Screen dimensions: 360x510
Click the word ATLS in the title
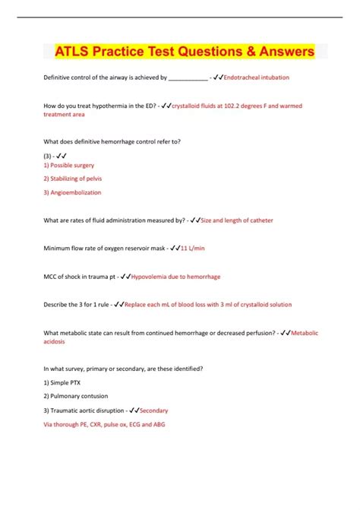(x=75, y=52)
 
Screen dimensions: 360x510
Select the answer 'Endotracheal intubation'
(x=257, y=78)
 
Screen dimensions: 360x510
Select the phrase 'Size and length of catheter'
(x=237, y=220)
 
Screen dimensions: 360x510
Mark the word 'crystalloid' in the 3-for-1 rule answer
(x=257, y=304)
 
